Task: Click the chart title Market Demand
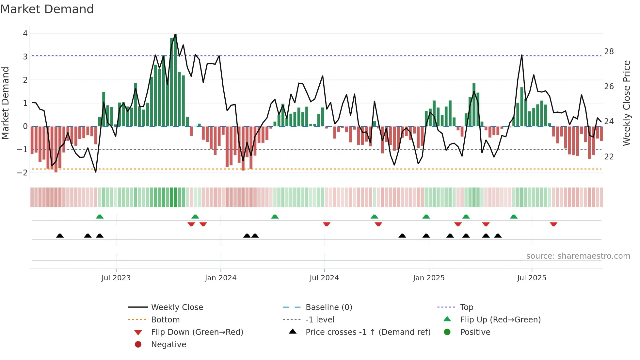[47, 9]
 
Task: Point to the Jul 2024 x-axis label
[324, 278]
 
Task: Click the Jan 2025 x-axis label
[428, 278]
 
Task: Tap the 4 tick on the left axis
[25, 34]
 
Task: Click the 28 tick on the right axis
[609, 52]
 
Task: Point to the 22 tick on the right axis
[609, 157]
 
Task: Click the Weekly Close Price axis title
[626, 103]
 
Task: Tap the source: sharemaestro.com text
[578, 256]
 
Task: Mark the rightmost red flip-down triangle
[553, 224]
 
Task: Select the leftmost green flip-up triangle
[100, 216]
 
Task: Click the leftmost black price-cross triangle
[60, 236]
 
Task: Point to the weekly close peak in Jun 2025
[521, 55]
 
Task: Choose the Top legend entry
[466, 307]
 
